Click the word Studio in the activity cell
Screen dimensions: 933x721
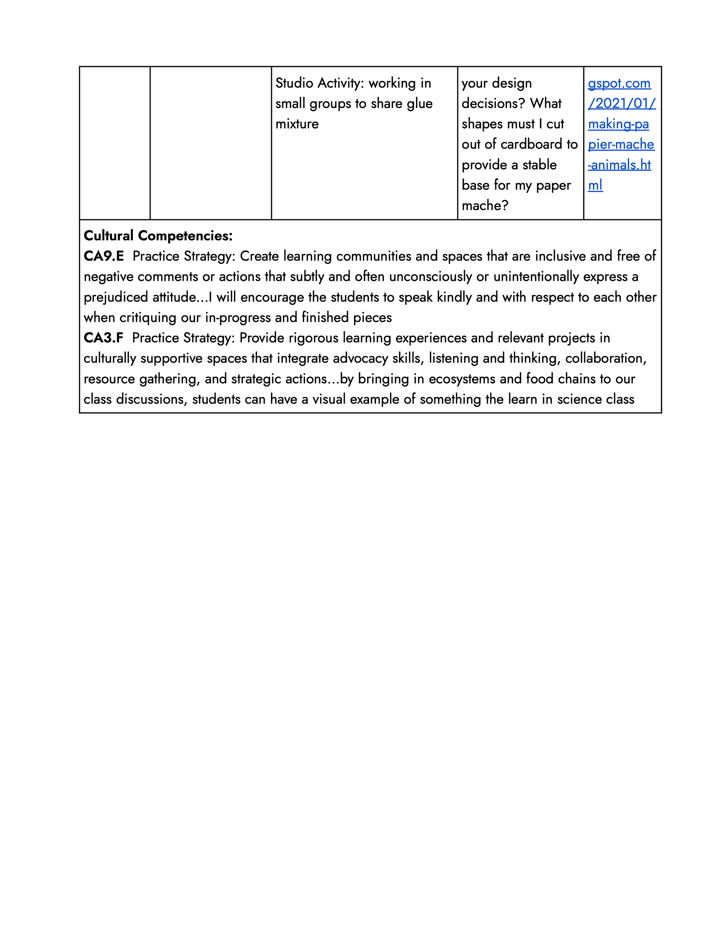point(294,83)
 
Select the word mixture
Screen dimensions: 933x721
point(297,124)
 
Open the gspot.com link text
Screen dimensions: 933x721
point(619,84)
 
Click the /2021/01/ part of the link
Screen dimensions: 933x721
point(621,103)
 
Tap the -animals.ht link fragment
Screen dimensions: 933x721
point(619,165)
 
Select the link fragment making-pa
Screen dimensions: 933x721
point(618,124)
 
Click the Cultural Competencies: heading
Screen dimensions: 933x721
point(158,236)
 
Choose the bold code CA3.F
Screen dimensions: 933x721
point(103,338)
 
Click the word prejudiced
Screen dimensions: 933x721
point(115,297)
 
